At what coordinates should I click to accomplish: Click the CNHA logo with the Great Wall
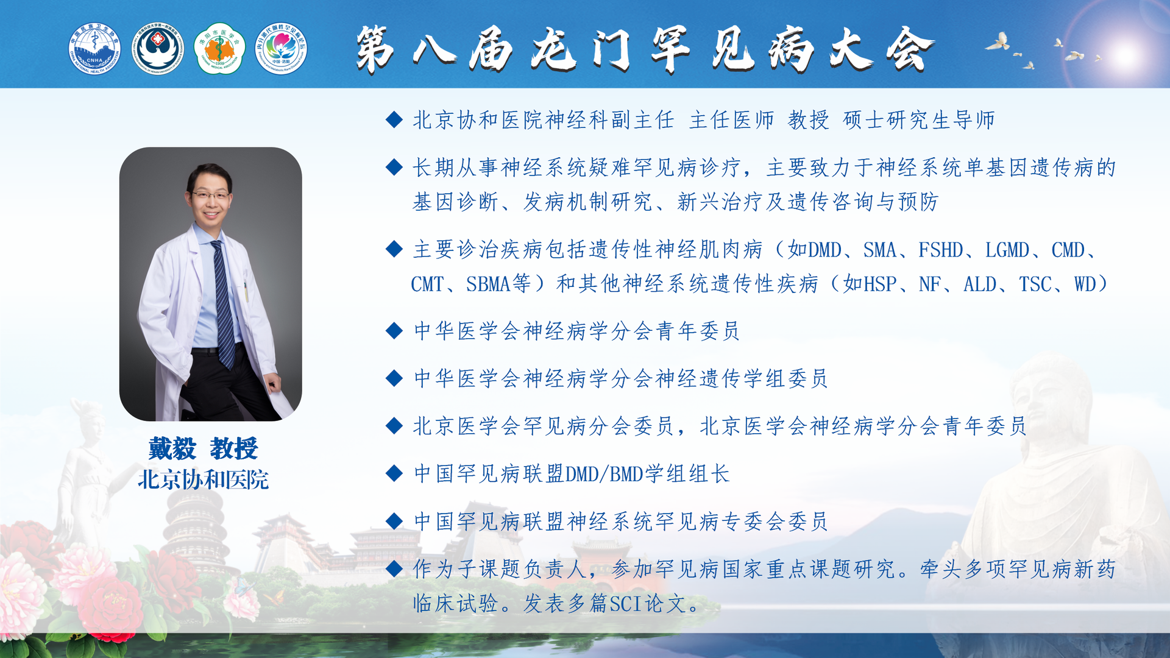(x=94, y=49)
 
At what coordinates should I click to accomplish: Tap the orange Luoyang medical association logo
(x=219, y=49)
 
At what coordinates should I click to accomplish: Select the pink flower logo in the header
(x=281, y=49)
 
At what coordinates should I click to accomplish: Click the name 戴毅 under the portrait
(x=172, y=449)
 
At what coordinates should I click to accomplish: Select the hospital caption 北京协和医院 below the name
(x=203, y=479)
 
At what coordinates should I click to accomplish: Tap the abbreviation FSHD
(x=941, y=250)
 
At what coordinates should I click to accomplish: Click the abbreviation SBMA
(x=488, y=284)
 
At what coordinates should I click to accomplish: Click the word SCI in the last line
(x=626, y=604)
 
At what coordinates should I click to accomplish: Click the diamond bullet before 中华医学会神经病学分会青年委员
(x=394, y=331)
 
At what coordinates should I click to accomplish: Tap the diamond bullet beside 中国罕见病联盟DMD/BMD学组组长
(x=394, y=473)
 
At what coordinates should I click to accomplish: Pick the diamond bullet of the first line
(x=394, y=119)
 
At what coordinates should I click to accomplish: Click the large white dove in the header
(x=998, y=42)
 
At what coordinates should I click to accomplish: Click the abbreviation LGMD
(x=1007, y=250)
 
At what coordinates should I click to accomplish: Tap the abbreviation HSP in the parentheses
(x=881, y=284)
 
